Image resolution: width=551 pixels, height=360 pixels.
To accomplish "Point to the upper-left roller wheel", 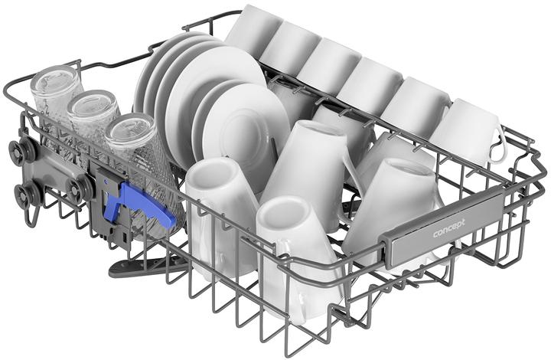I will click(x=23, y=149).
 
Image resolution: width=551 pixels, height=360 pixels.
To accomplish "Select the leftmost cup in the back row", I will click(x=253, y=31).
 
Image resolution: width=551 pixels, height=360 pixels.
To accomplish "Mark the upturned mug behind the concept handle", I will click(x=398, y=199).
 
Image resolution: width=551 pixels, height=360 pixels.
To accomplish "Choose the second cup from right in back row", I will click(x=417, y=107).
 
